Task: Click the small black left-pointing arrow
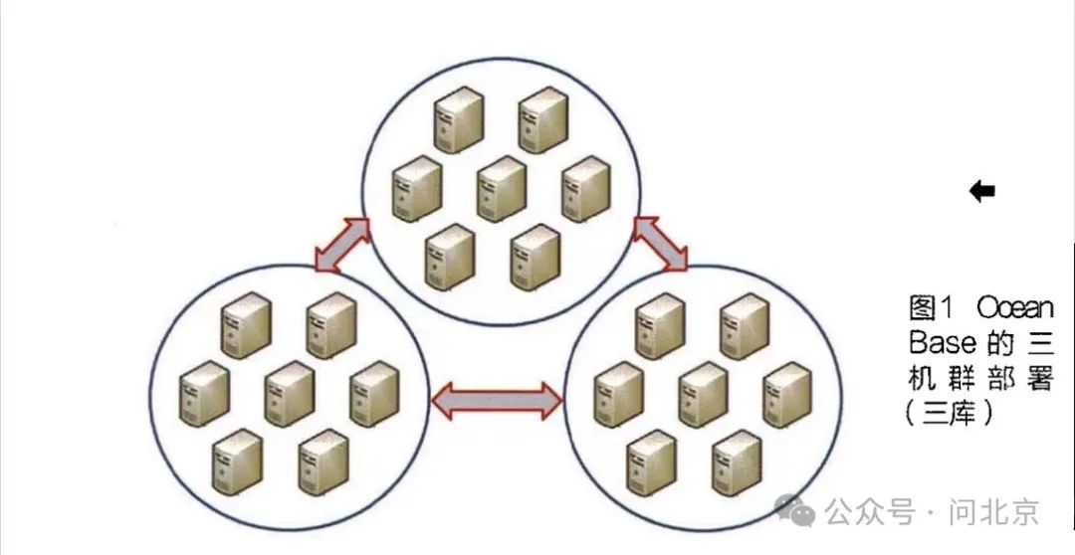pos(982,191)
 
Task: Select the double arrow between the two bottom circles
pos(497,400)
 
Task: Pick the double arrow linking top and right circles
pos(661,243)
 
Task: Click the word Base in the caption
pos(942,343)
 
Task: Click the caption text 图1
pos(933,306)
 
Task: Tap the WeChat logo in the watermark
pos(797,510)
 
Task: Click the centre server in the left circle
pos(289,394)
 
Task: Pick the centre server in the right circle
pos(703,394)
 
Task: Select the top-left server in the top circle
pos(458,119)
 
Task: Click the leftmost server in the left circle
pos(204,394)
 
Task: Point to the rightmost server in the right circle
pos(787,394)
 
